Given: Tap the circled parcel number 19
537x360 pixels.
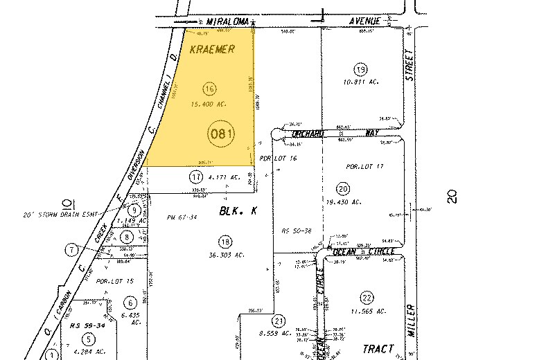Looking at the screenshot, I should pos(360,69).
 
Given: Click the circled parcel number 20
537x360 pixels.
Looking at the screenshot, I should pos(342,188).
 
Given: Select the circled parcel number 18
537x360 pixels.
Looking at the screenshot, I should pos(224,242).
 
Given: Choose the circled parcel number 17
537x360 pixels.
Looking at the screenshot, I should pos(196,177).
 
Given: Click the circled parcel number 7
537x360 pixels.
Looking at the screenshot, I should pos(71,249).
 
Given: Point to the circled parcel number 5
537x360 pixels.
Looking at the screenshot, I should pos(89,339).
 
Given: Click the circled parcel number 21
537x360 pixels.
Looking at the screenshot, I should pos(279,321).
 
